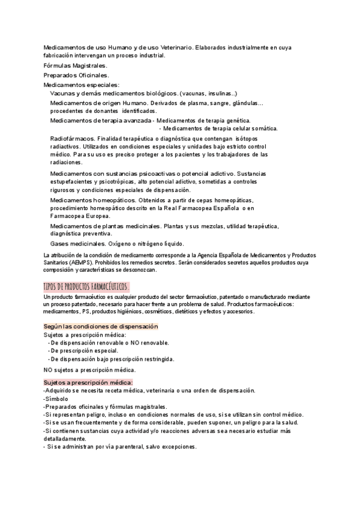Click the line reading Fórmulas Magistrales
(x=76, y=65)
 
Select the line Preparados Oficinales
(x=76, y=75)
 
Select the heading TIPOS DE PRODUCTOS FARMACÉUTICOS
(x=86, y=286)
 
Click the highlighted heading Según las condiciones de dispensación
(x=101, y=326)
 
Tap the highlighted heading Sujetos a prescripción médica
(x=88, y=382)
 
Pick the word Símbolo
(x=56, y=399)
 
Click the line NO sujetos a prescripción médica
(x=90, y=370)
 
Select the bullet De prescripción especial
(x=83, y=351)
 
